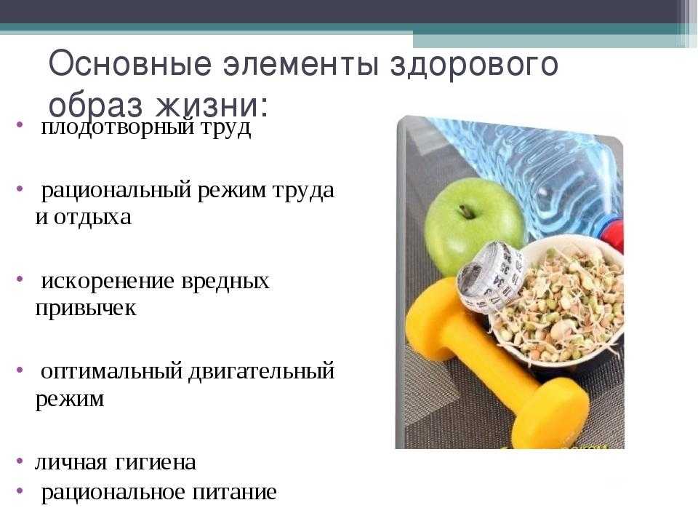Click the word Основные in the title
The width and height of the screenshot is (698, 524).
click(x=129, y=64)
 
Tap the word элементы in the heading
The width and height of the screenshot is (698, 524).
click(x=302, y=65)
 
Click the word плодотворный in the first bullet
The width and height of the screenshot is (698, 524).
click(x=118, y=128)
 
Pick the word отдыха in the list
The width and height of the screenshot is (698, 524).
click(x=93, y=218)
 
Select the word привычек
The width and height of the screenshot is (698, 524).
click(x=86, y=309)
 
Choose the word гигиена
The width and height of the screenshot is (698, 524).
click(x=156, y=463)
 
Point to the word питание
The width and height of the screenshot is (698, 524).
click(x=235, y=493)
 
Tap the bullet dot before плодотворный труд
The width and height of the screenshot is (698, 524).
click(x=20, y=124)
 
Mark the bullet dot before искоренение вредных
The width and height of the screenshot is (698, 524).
click(x=20, y=279)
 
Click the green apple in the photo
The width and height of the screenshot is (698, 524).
click(x=473, y=225)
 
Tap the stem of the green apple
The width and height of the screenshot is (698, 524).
click(x=465, y=211)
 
